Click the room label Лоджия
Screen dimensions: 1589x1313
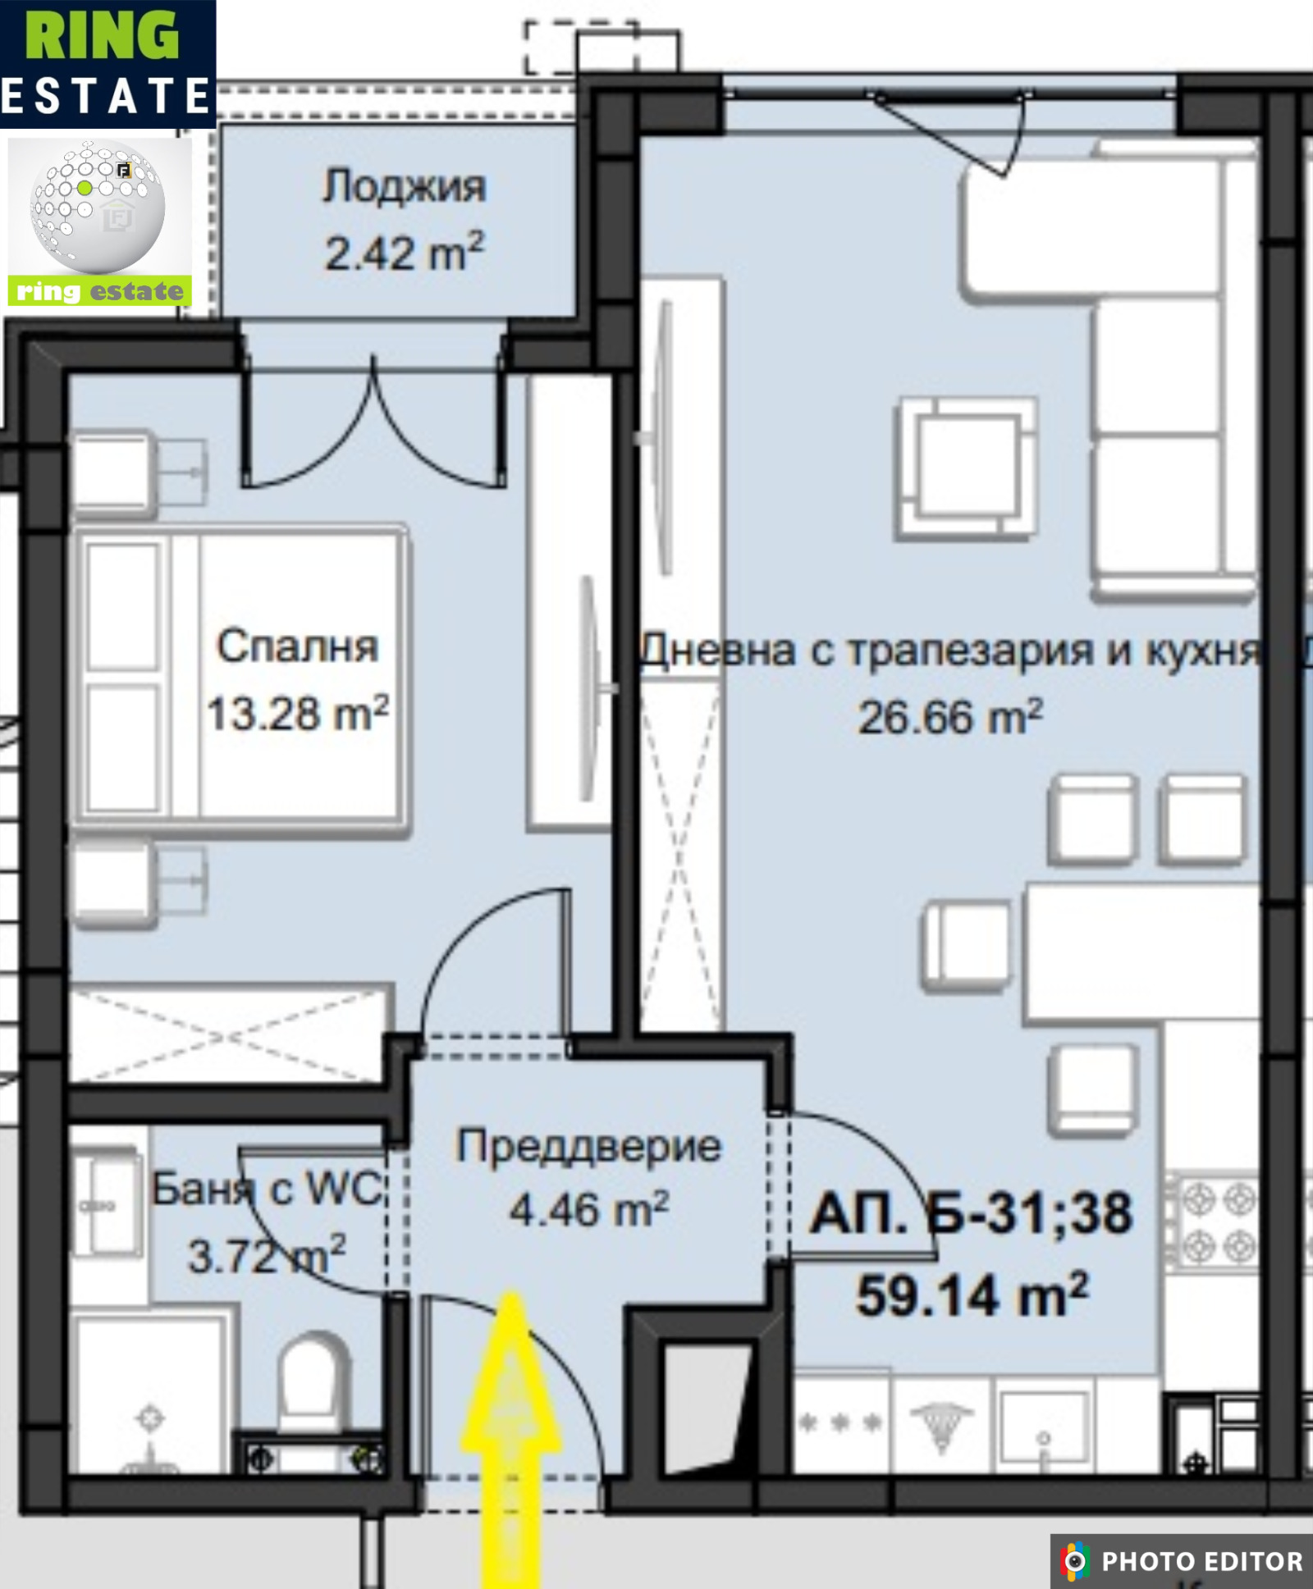[x=403, y=188]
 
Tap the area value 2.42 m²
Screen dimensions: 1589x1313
[x=404, y=253]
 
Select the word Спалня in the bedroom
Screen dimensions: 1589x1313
[x=297, y=646]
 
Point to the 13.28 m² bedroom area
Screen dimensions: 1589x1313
[x=297, y=714]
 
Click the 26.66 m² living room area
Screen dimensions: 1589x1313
[x=949, y=718]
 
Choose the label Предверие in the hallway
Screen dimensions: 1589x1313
[x=588, y=1147]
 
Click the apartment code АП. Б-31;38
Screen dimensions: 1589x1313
[x=971, y=1214]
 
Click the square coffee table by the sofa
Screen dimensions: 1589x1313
[x=967, y=468]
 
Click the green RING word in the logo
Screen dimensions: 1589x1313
[x=102, y=36]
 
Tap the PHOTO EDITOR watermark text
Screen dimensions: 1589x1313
[x=1201, y=1561]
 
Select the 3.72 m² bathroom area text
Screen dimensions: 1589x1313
[x=267, y=1255]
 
